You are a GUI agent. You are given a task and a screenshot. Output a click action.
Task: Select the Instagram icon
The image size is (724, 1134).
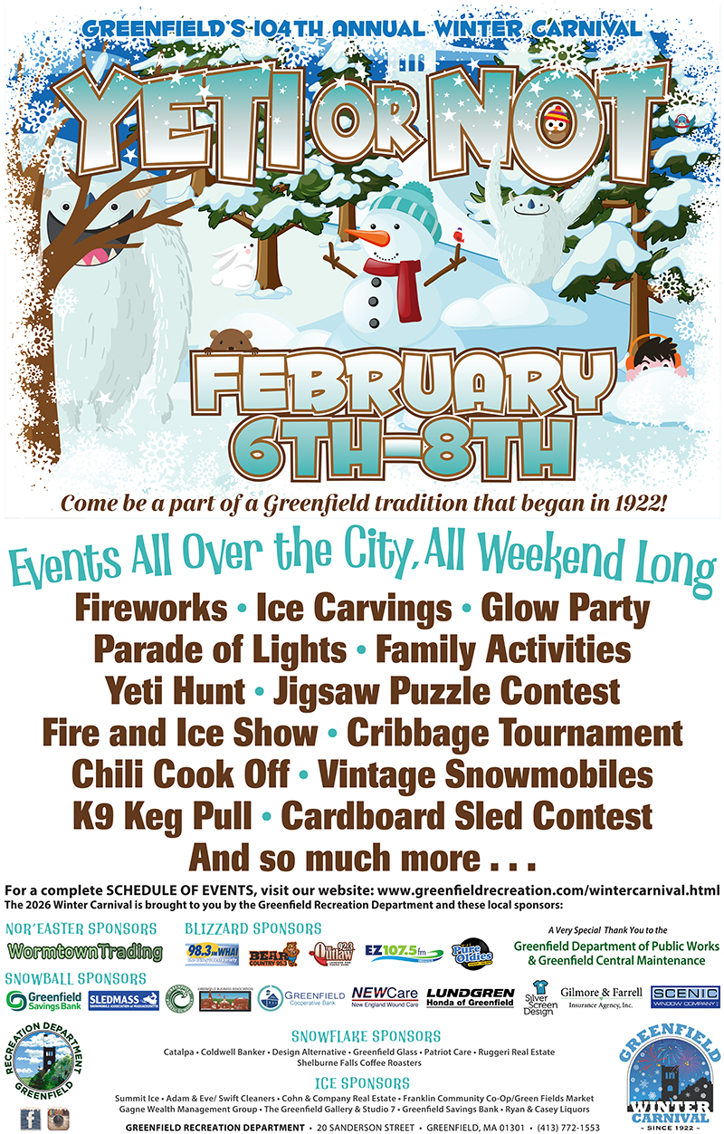[59, 1118]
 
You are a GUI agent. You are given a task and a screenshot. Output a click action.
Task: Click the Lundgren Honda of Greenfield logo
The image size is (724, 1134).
[470, 999]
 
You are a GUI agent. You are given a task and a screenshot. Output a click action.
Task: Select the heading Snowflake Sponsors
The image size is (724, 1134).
[366, 1035]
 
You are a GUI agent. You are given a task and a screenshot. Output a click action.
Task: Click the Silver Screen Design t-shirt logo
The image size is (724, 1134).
[538, 998]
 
